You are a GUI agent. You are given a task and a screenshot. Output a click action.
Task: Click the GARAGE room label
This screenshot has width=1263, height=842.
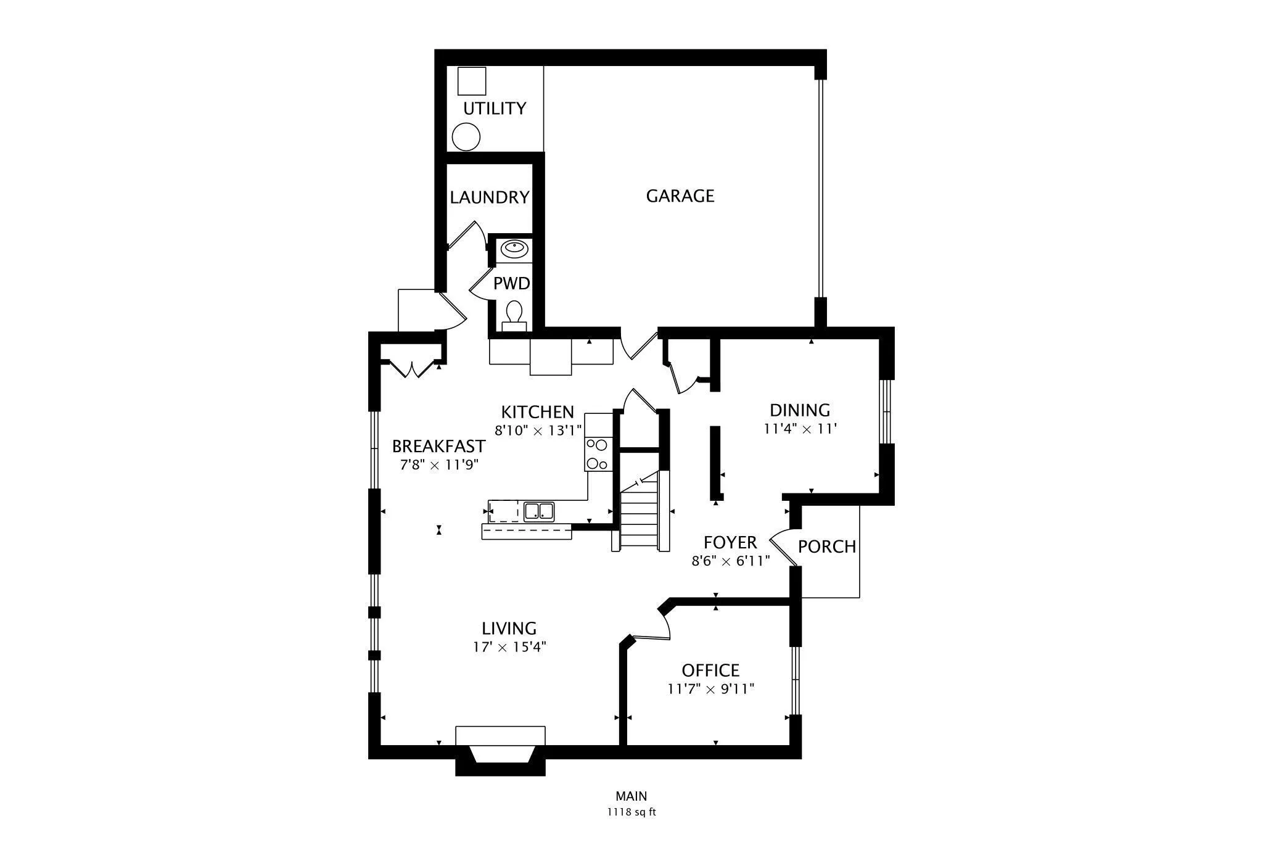coord(680,196)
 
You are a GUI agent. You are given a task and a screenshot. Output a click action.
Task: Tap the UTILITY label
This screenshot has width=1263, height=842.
coord(495,109)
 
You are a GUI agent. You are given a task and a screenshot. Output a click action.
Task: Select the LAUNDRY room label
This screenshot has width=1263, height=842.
coord(489,197)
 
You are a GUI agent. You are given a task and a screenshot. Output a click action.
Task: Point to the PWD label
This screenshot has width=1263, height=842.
coord(511,284)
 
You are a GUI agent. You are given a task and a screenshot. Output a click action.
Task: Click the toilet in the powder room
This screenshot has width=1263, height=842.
coord(514,312)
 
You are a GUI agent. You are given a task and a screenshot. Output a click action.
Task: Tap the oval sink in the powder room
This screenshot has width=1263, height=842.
coord(514,249)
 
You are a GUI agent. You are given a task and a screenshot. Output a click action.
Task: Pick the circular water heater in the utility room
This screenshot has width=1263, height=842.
coord(466,136)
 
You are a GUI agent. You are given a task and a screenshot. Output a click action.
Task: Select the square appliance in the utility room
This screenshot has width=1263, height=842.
coord(472,81)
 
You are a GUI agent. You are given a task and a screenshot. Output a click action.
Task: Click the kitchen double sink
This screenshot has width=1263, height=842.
coord(538,511)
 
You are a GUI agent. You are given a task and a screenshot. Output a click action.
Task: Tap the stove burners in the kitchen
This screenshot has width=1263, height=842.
coord(597,454)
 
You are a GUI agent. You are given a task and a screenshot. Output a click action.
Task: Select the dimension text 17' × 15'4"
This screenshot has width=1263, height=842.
coord(509,647)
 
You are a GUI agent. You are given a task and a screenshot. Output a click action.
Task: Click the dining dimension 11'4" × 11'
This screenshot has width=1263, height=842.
coord(800,429)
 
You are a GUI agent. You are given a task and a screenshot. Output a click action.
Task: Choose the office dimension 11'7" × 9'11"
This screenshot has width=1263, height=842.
coord(710,689)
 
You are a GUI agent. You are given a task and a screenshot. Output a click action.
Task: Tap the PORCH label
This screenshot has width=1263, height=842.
coord(827,547)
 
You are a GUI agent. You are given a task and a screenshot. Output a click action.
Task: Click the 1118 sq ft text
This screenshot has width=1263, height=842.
coord(631,812)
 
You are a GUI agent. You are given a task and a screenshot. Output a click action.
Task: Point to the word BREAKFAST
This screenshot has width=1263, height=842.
coord(438,446)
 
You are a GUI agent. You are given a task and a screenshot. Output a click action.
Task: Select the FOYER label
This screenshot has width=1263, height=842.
coord(730,543)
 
